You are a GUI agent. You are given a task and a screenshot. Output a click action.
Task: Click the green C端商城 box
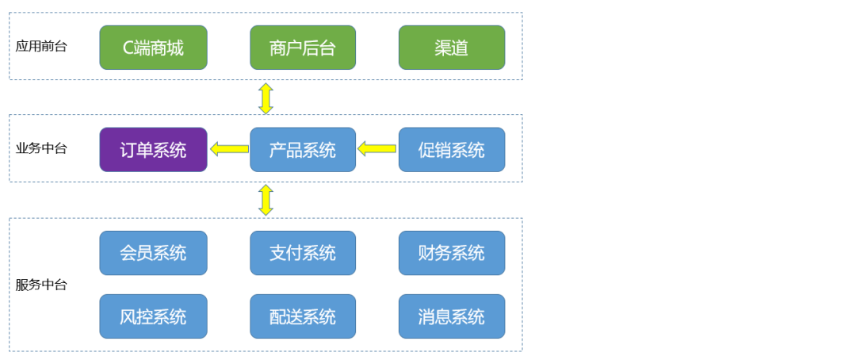click(154, 48)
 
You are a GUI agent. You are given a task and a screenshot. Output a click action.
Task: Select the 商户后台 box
click(303, 48)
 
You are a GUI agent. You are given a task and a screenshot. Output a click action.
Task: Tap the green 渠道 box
click(452, 48)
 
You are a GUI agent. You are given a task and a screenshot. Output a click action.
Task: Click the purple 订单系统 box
click(154, 150)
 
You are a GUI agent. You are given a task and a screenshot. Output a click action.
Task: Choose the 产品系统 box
click(303, 150)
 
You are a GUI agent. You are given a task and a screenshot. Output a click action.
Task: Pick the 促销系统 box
click(452, 150)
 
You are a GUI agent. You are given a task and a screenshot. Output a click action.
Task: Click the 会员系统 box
click(154, 253)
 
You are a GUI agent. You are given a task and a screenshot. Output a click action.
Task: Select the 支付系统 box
click(303, 253)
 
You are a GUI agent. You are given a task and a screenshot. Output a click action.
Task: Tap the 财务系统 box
click(452, 253)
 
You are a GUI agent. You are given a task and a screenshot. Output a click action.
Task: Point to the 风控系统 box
click(154, 316)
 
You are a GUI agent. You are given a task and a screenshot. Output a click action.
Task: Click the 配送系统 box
click(303, 316)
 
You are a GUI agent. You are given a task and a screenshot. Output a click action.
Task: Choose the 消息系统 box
click(452, 316)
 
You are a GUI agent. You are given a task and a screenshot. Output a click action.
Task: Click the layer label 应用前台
click(41, 46)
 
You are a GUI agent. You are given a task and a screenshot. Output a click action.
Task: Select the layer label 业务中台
click(41, 148)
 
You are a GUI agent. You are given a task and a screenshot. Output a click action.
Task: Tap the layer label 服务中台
click(41, 285)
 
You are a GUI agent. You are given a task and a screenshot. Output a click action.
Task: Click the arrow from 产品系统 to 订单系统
click(229, 148)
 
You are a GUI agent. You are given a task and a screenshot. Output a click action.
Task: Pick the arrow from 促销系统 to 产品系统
click(376, 148)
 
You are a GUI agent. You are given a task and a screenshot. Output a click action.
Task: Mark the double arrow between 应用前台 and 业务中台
click(266, 98)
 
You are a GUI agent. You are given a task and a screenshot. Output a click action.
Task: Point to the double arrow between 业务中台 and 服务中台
click(266, 200)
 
